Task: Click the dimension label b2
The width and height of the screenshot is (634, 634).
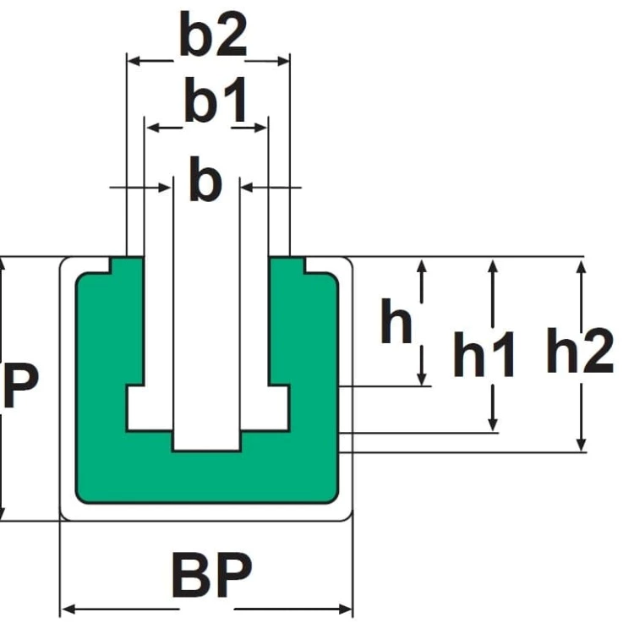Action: (213, 35)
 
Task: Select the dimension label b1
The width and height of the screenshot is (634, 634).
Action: (216, 100)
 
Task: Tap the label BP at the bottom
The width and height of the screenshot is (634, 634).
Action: (212, 575)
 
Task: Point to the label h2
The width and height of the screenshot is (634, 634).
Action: (580, 350)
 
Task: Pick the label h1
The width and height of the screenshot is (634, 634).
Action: (484, 354)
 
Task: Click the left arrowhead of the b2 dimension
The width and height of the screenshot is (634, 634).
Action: (134, 61)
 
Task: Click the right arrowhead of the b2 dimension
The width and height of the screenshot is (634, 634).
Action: (283, 62)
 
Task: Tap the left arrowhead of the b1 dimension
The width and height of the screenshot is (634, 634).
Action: (152, 128)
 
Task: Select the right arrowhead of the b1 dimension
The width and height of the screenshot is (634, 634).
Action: (260, 128)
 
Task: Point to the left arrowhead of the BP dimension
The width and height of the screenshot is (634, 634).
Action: (68, 609)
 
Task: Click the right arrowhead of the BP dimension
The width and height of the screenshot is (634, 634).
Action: (345, 609)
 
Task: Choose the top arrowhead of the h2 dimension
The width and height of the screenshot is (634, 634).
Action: (581, 267)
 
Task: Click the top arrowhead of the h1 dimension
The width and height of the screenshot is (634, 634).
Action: (493, 267)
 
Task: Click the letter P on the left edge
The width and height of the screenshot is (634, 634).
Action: (20, 385)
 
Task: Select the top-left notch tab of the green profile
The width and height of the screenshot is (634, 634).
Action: (127, 265)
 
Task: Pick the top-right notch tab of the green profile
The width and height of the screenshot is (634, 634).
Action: (287, 265)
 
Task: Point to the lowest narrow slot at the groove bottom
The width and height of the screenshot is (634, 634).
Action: (206, 440)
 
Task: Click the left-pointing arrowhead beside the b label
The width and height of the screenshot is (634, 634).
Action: (247, 188)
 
